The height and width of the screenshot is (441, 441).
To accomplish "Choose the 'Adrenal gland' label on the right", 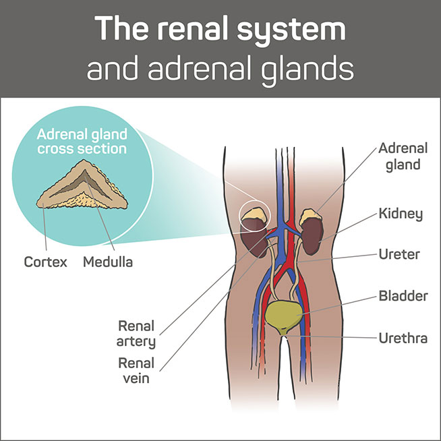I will pyautogui.click(x=401, y=155).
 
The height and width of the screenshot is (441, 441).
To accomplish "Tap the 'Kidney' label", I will pyautogui.click(x=401, y=214).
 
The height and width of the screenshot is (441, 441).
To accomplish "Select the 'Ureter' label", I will pyautogui.click(x=399, y=255).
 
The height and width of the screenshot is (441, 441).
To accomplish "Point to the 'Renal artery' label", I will pyautogui.click(x=136, y=332).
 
